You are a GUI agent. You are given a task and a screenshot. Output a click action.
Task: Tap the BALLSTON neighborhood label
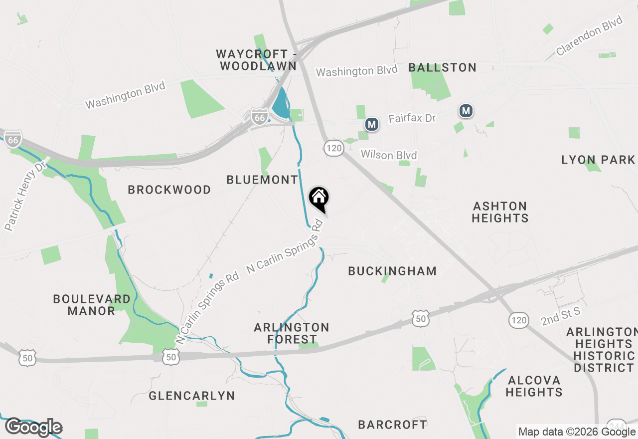pos(442,67)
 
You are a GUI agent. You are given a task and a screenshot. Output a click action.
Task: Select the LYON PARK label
pos(598,160)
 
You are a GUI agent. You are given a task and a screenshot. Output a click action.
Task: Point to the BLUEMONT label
pos(262,180)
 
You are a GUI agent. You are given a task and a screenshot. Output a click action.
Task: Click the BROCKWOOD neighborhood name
pos(169,190)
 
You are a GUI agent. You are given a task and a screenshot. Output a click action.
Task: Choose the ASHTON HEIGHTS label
pos(500,212)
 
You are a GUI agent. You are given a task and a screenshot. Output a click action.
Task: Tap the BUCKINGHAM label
pos(392,271)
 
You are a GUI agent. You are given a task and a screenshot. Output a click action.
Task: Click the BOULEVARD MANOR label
pos(92,305)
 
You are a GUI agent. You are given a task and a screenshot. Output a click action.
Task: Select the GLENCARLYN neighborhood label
pos(191,396)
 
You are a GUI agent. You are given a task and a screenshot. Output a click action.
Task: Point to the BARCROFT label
pos(392,425)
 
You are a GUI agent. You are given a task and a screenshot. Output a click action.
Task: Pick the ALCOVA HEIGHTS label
pos(534,386)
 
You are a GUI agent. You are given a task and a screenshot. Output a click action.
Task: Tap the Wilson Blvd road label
pos(388,155)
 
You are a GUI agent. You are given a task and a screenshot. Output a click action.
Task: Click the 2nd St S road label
pos(561,316)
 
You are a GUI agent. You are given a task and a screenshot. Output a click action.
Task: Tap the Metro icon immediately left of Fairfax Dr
pos(371,124)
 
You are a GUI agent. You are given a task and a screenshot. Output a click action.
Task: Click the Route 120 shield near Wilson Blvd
pos(333,147)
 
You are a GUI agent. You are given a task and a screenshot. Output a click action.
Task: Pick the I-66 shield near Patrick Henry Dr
pos(13,140)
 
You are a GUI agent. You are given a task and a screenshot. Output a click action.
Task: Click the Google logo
pos(33,428)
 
